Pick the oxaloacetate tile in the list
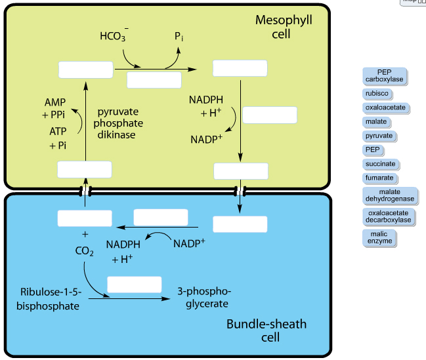pyautogui.click(x=386, y=108)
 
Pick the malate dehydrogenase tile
pyautogui.click(x=389, y=195)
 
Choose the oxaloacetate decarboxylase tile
pyautogui.click(x=389, y=216)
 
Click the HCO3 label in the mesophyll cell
pyautogui.click(x=114, y=36)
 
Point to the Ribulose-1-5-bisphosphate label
pyautogui.click(x=50, y=298)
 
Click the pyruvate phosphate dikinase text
pyautogui.click(x=118, y=123)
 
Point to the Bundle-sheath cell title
pyautogui.click(x=266, y=330)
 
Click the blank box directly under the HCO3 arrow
pyautogui.click(x=154, y=80)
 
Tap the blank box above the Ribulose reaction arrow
pyautogui.click(x=134, y=285)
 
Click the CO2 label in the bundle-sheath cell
pyautogui.click(x=84, y=251)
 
